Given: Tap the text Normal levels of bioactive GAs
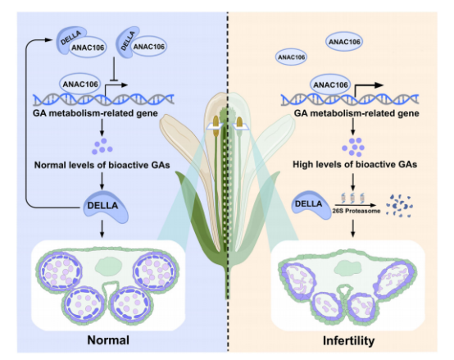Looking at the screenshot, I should point(102,164).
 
